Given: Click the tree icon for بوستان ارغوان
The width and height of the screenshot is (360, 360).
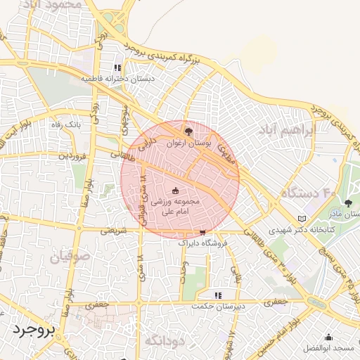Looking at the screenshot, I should coord(187,131).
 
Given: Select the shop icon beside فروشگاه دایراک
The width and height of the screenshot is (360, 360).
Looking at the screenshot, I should coord(202,231).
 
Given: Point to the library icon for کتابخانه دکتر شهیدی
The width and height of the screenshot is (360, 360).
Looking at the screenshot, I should coord(302,219).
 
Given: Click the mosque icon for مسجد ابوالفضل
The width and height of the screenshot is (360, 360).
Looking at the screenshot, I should coord(329,337).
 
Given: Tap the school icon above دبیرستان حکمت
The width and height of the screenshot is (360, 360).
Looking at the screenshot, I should coord(218,295).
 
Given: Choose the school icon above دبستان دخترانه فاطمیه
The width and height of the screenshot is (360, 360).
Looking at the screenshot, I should coord(117,69).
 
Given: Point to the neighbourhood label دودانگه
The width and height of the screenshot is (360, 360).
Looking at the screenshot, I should coord(164,340).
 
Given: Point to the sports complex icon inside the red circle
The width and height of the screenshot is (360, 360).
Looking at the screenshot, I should coord(176,190).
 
